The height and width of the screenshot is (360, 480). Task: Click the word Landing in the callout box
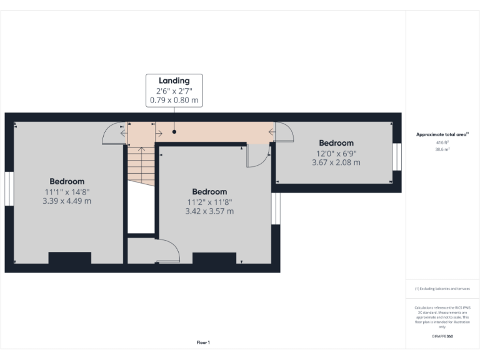click(x=174, y=81)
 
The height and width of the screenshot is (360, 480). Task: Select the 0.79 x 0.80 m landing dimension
click(x=174, y=100)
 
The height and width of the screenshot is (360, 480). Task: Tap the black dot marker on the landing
click(x=174, y=132)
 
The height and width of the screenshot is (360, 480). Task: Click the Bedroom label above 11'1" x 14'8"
click(x=67, y=181)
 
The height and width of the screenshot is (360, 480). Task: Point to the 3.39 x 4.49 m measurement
click(x=67, y=201)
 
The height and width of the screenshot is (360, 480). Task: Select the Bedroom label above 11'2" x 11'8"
click(x=209, y=192)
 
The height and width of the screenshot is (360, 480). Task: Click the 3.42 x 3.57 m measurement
click(x=209, y=212)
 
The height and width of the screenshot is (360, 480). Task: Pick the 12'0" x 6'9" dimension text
click(x=336, y=153)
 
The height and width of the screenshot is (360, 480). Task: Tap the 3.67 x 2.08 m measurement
click(x=336, y=162)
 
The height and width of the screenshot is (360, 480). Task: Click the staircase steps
click(x=141, y=164)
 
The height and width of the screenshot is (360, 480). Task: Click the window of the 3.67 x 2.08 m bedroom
click(x=397, y=157)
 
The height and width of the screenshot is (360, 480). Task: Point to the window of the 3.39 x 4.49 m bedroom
click(x=9, y=187)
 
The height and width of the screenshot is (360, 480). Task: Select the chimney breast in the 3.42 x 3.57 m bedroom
click(x=214, y=258)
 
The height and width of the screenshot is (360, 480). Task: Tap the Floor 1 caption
click(x=203, y=342)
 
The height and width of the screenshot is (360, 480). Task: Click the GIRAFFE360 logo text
click(x=442, y=336)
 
